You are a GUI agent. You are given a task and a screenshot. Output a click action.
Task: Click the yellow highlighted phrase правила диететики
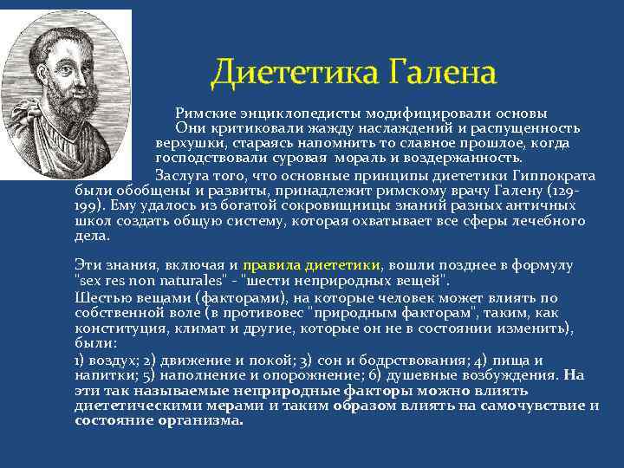point(311,264)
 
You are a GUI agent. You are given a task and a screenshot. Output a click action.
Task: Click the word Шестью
point(99,296)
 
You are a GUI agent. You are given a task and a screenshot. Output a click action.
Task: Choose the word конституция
point(117,327)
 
